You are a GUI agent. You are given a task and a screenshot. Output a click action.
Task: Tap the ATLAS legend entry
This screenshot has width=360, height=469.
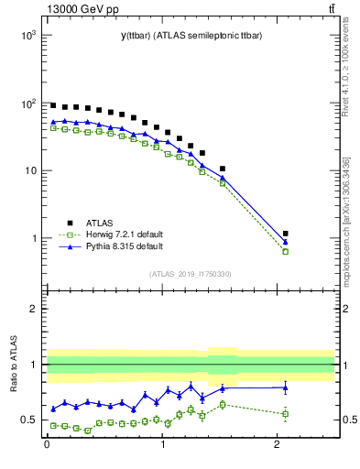pos(101,222)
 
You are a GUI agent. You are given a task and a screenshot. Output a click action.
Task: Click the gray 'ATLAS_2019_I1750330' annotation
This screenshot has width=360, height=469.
pos(190,274)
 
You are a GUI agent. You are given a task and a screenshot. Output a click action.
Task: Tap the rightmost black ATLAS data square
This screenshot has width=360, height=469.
pos(286,234)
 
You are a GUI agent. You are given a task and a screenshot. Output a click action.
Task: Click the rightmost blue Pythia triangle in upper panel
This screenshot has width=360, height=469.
pos(286,242)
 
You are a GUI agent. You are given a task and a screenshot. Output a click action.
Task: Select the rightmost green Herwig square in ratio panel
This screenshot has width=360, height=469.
pos(286,414)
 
